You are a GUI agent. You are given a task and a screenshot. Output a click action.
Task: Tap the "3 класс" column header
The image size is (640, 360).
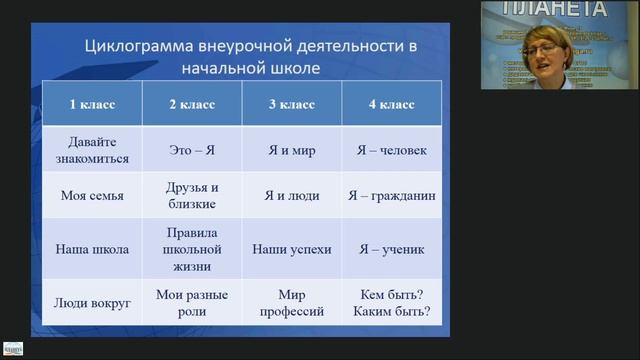pos(291,104)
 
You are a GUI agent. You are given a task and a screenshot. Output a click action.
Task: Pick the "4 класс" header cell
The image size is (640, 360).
pos(391,104)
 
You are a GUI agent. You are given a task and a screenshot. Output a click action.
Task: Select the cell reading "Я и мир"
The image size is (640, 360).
pos(291,150)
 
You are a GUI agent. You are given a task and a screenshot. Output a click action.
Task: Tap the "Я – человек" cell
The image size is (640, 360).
pos(391,150)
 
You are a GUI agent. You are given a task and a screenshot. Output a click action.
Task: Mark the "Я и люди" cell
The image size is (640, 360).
pos(291,196)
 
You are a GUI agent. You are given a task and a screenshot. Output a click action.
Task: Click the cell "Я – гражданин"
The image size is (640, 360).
pos(391,196)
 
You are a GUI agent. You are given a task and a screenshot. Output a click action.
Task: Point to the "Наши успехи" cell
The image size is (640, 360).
pos(291,249)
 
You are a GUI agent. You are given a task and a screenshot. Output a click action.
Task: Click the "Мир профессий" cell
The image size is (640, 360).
pos(291,303)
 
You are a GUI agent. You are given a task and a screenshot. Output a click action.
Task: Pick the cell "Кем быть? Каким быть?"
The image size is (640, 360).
pos(391,303)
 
